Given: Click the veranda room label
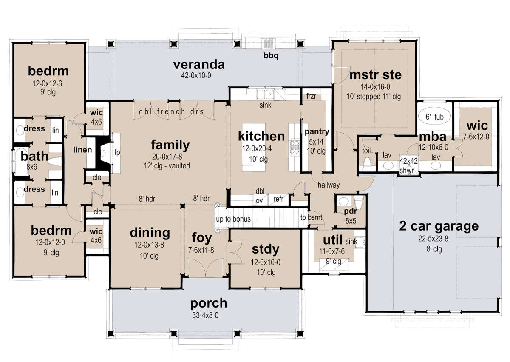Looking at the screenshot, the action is click(199, 65).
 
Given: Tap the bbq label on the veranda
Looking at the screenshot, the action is click(271, 56).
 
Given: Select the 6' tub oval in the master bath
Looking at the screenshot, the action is click(434, 116).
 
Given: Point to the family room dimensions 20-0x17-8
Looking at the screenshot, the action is click(167, 157).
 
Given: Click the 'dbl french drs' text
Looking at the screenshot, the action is click(171, 111).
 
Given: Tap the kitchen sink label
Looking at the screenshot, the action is click(265, 105).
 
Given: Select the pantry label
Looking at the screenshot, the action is click(317, 132).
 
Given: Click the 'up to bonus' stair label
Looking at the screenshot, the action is click(233, 219).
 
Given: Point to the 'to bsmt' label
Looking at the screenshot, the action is click(311, 217).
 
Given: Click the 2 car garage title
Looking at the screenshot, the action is click(439, 226).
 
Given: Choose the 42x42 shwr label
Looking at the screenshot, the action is click(409, 165).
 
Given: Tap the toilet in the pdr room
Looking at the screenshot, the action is click(359, 202).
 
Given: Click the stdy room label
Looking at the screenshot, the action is click(266, 249).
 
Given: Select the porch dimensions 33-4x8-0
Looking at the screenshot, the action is click(205, 315).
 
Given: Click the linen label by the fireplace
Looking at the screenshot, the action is click(82, 150).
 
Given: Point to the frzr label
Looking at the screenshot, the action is click(311, 96).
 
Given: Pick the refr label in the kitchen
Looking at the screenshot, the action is click(278, 199).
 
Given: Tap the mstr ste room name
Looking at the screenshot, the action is click(375, 75).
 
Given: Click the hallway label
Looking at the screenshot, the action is click(329, 185).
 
